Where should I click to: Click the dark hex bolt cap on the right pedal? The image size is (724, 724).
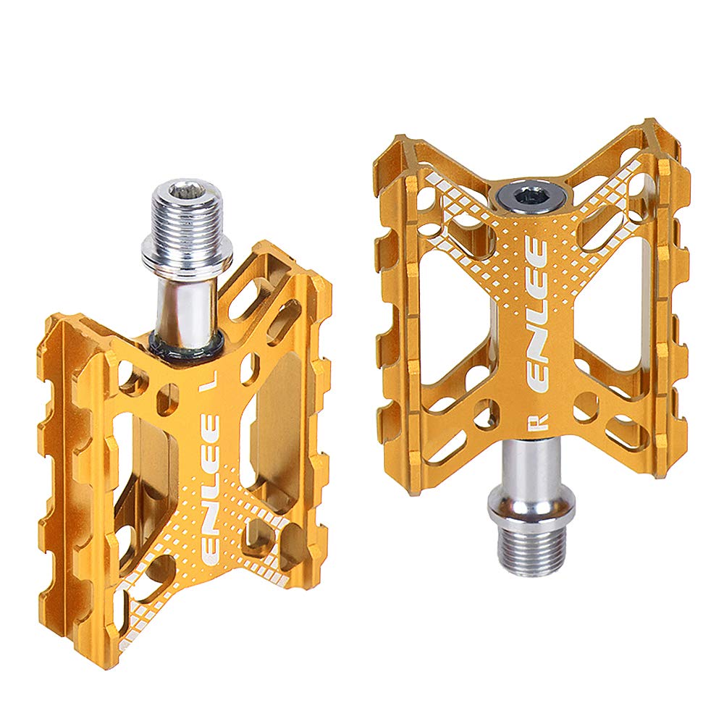coord(516,195)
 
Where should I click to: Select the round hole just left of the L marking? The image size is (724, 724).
coord(167,395)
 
